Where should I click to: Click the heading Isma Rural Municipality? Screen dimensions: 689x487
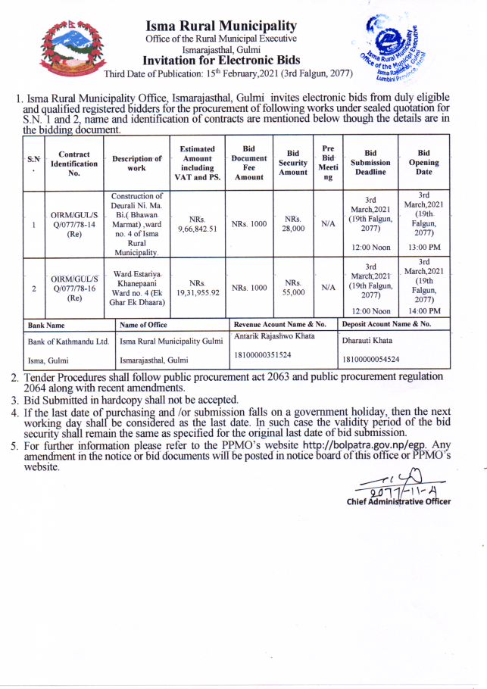(221, 26)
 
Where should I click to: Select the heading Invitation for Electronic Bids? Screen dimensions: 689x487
(221, 61)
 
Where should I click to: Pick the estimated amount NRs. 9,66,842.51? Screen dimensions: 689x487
(198, 223)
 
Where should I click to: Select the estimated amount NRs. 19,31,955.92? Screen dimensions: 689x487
(198, 288)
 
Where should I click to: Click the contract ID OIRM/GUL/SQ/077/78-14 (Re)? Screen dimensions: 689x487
(74, 224)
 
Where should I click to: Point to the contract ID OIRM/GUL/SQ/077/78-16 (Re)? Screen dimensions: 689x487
(74, 288)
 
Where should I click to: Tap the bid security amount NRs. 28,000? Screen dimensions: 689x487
(293, 223)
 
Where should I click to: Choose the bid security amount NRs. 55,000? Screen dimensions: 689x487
(293, 288)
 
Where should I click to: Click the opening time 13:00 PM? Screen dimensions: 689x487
(424, 248)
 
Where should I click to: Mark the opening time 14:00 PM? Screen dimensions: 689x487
(424, 310)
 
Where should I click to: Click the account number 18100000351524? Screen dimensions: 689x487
(263, 354)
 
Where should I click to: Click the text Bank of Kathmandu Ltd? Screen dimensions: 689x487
(69, 341)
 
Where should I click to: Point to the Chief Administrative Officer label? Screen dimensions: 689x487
(398, 501)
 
